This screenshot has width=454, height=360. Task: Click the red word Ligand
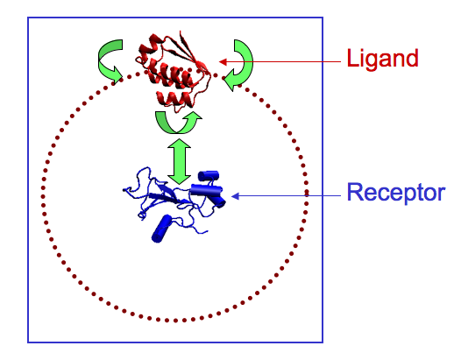[x=382, y=60]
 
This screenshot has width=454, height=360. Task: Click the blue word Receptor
[x=396, y=193]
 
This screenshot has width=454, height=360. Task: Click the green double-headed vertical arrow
[x=179, y=161]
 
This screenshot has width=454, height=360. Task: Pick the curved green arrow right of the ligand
[x=241, y=65]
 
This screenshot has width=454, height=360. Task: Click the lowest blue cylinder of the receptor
[x=161, y=229]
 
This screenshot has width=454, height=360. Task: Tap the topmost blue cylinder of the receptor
[x=209, y=176]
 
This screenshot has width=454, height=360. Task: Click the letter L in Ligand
[x=351, y=58]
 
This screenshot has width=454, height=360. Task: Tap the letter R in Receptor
[x=354, y=192]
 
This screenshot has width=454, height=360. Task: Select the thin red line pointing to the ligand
[x=280, y=62]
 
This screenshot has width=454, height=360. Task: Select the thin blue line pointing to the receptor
[x=286, y=196]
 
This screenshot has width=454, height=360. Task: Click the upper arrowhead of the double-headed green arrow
[x=179, y=144]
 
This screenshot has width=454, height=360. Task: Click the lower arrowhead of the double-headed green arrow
[x=179, y=180]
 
